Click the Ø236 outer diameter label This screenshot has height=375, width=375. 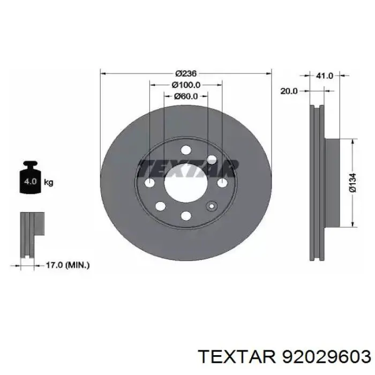coord(186,73)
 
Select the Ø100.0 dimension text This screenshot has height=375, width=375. coord(186,85)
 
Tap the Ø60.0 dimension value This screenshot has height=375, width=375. coord(186,96)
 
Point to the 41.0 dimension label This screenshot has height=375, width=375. coord(324,76)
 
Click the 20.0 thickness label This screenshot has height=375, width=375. coord(289,91)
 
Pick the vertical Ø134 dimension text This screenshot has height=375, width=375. coord(352,183)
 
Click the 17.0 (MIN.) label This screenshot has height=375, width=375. coord(67,265)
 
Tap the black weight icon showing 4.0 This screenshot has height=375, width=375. coord(31,177)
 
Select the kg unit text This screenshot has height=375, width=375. coord(49,183)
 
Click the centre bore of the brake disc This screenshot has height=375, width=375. coord(186,183)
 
